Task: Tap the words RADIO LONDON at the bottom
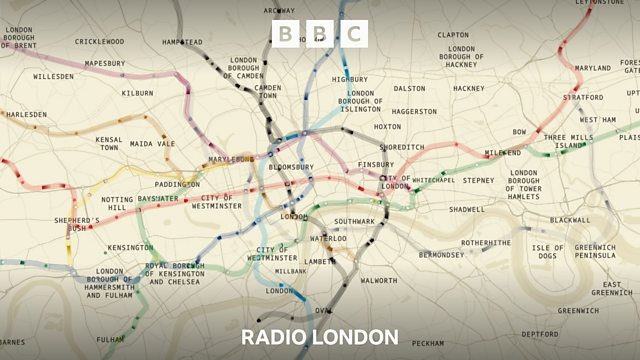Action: point(320,336)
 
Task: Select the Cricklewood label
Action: point(99,42)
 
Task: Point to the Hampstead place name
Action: point(183,42)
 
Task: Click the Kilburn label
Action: point(137,93)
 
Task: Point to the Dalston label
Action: point(409,88)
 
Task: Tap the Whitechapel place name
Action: point(433,180)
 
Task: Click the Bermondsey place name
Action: point(441,255)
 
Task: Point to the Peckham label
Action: point(427,343)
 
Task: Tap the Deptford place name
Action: point(540,333)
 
